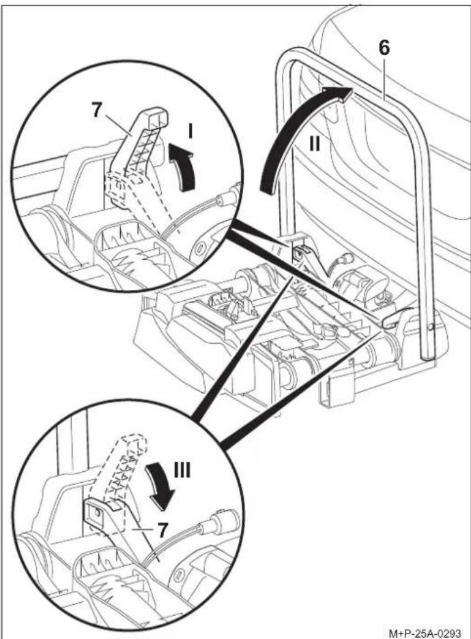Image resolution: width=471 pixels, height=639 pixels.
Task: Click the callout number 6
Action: click(x=384, y=48)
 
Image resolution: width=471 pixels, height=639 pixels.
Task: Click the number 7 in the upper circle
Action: click(x=97, y=110)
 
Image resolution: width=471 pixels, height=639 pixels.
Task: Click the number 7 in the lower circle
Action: click(x=162, y=530)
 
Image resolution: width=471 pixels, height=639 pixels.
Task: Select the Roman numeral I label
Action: click(x=190, y=132)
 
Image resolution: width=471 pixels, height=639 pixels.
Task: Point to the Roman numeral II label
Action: click(x=314, y=143)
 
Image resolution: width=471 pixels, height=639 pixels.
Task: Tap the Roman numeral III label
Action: click(x=182, y=471)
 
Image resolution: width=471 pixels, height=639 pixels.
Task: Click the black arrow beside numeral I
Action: click(x=182, y=167)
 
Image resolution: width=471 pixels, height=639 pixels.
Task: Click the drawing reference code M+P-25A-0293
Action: click(x=425, y=634)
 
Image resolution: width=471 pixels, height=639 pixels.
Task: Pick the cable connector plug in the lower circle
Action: click(x=220, y=522)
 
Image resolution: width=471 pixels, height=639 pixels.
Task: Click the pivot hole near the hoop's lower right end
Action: click(x=431, y=327)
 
